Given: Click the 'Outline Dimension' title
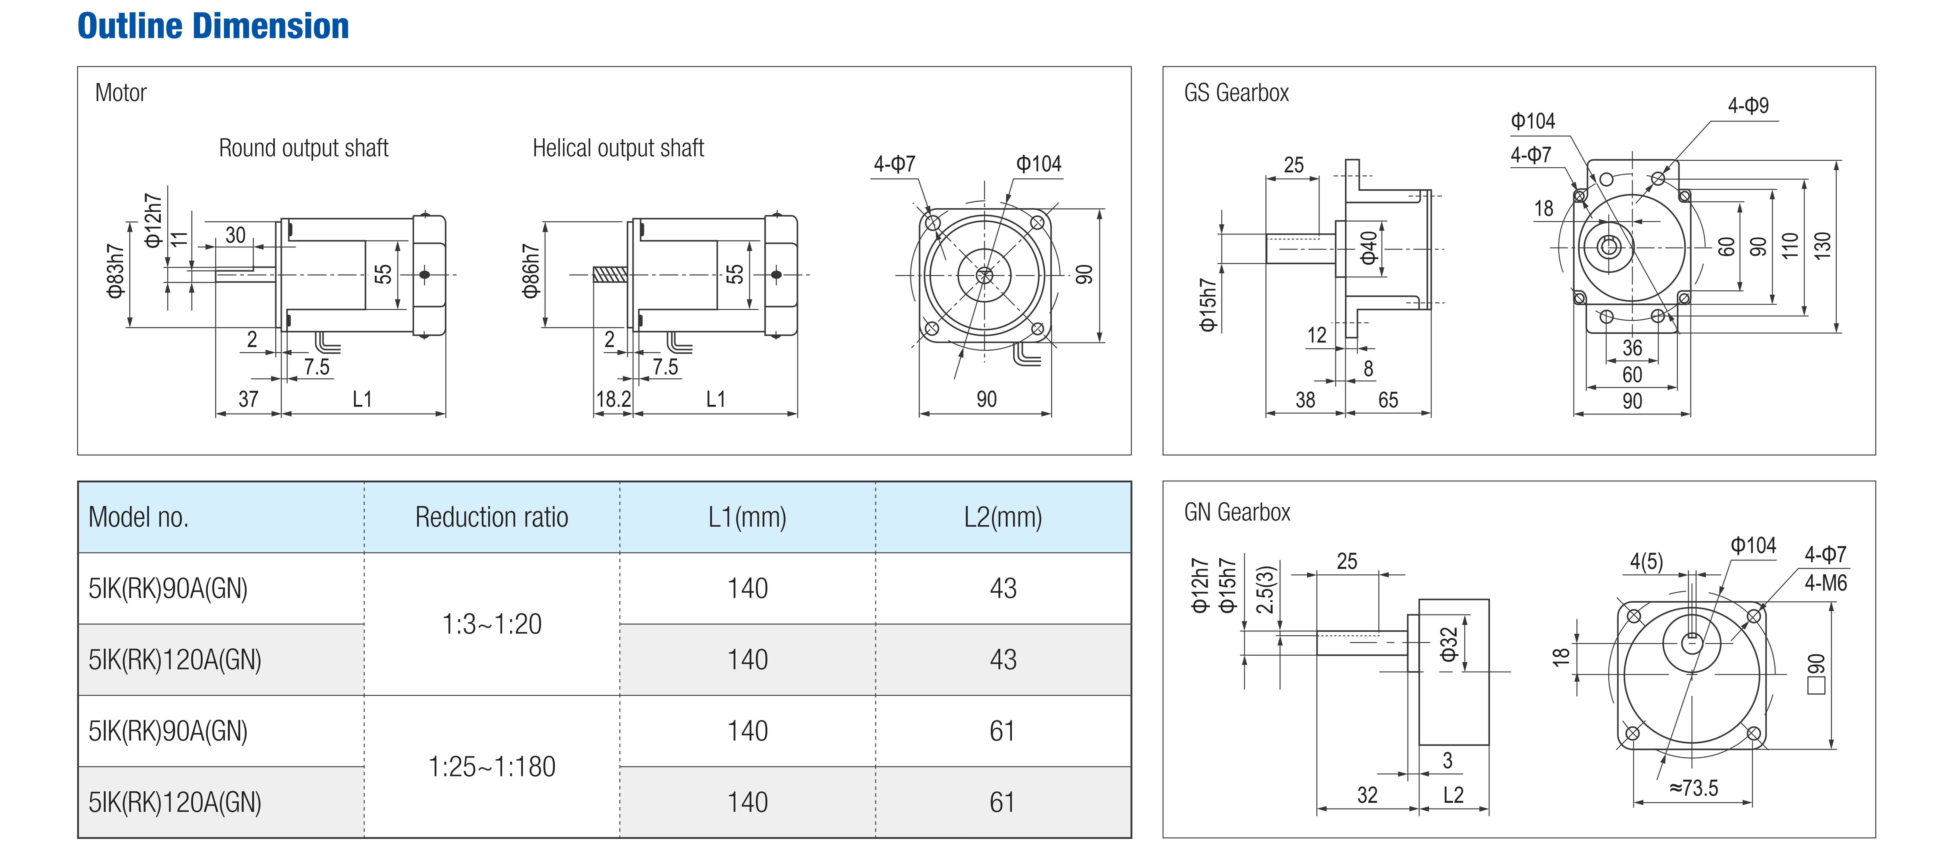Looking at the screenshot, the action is click(214, 26).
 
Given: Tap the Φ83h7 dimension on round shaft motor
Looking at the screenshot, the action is click(115, 271).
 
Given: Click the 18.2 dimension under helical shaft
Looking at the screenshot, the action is click(613, 399).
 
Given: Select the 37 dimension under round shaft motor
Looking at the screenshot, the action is click(248, 399).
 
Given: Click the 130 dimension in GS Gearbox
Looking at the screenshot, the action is click(1822, 246).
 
